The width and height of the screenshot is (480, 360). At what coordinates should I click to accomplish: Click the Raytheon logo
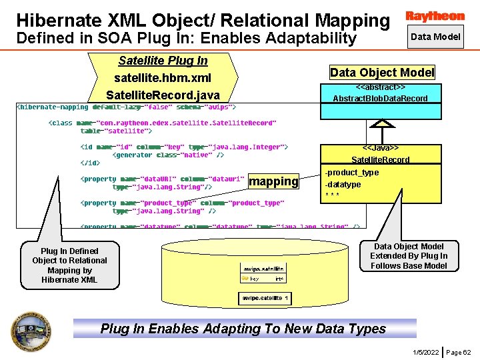tap(435, 15)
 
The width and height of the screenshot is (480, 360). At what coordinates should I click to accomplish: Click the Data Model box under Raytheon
tap(435, 37)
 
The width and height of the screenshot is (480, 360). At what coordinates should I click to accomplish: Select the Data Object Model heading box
tap(382, 73)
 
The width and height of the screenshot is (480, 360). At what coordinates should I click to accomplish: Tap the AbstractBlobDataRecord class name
tap(381, 99)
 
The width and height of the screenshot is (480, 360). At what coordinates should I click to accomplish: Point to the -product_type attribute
tap(351, 173)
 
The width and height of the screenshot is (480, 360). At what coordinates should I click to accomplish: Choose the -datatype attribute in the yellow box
tap(343, 185)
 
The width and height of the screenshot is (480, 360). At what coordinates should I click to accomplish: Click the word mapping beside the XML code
tap(273, 181)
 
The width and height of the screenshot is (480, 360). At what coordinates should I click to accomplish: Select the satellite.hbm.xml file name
tap(163, 78)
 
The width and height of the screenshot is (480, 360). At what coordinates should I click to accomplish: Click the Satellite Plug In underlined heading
tap(163, 61)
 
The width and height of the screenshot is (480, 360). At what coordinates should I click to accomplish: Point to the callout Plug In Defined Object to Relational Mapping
tap(69, 265)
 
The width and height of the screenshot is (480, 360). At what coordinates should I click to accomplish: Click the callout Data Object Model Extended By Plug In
tap(409, 256)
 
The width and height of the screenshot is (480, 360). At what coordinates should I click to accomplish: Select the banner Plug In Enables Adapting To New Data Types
tap(243, 329)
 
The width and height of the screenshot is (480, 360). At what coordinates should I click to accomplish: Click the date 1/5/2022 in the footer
tap(426, 351)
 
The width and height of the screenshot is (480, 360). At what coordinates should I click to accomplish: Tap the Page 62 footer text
tap(458, 351)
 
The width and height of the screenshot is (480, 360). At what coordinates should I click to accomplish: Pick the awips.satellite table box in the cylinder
tap(263, 273)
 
